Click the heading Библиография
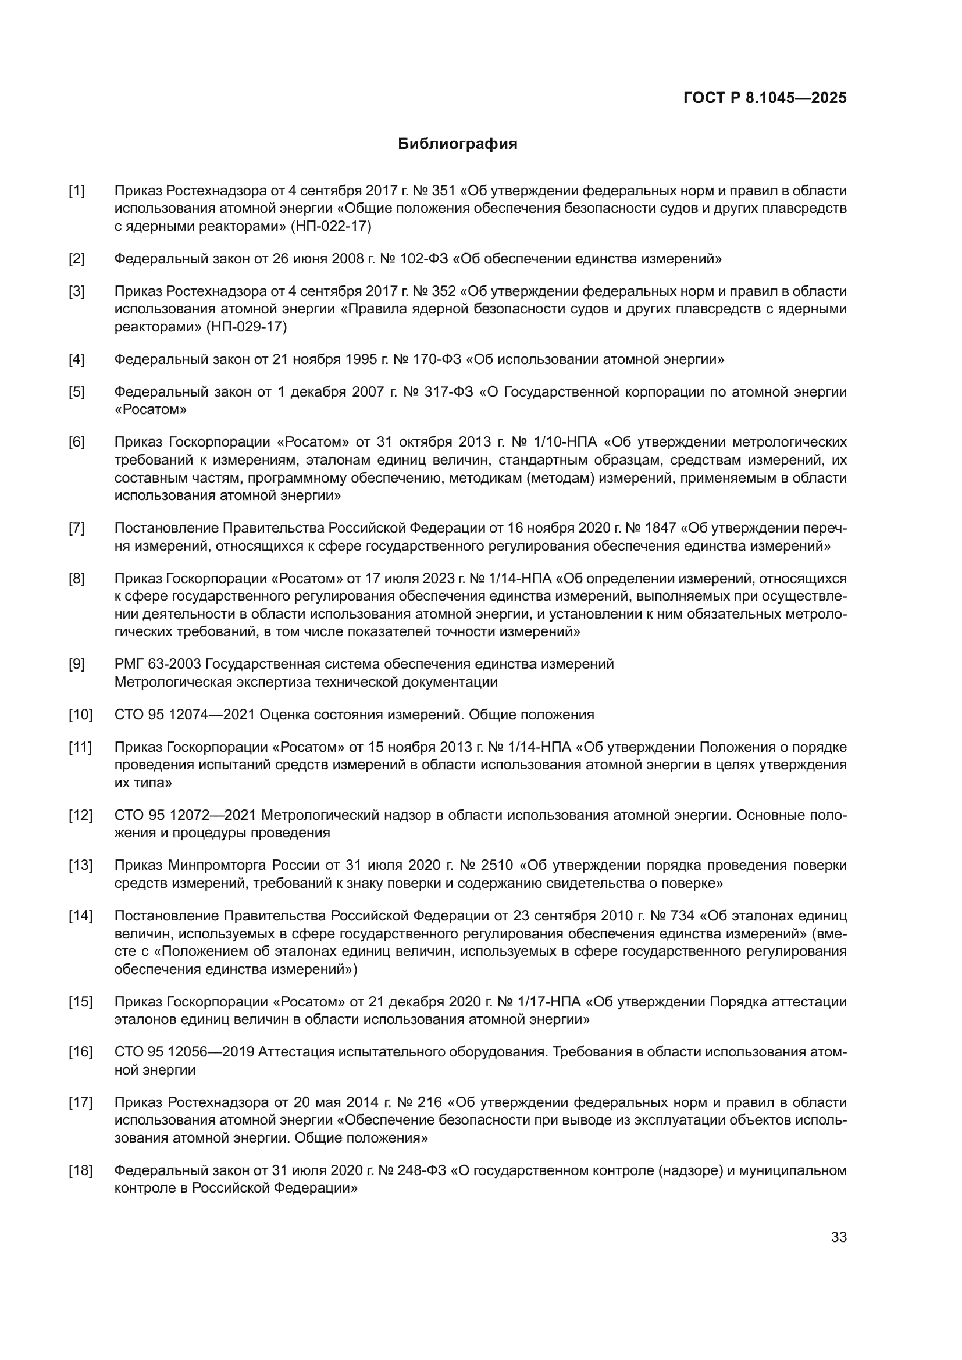click(x=457, y=144)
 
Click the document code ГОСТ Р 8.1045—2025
click(x=765, y=98)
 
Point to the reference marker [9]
click(x=76, y=664)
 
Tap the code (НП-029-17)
click(x=246, y=327)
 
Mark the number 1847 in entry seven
click(x=660, y=528)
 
